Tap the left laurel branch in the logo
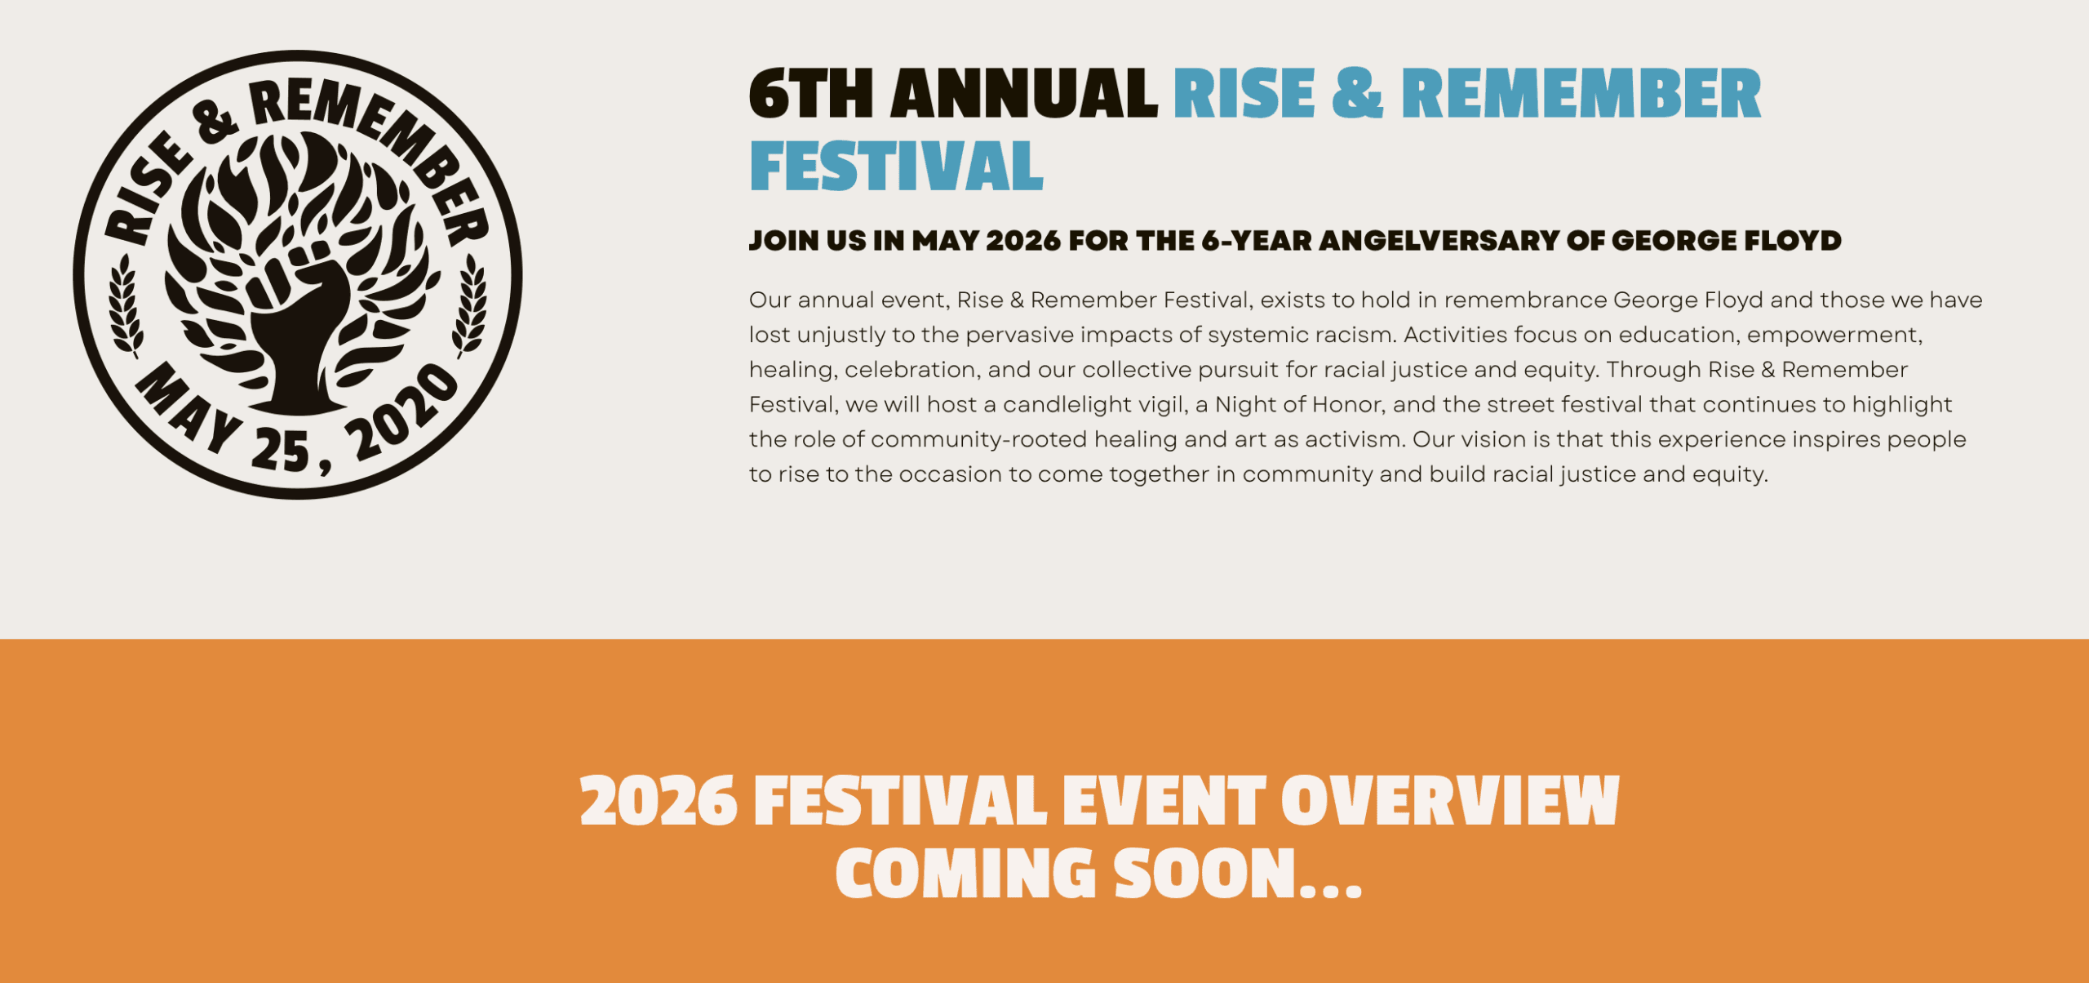point(126,306)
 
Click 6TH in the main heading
point(811,94)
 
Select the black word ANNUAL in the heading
point(1024,94)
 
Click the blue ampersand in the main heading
point(1357,94)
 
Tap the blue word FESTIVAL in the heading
point(896,167)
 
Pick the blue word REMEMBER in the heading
point(1581,94)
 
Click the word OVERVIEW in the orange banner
point(1449,802)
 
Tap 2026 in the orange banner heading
point(659,802)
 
